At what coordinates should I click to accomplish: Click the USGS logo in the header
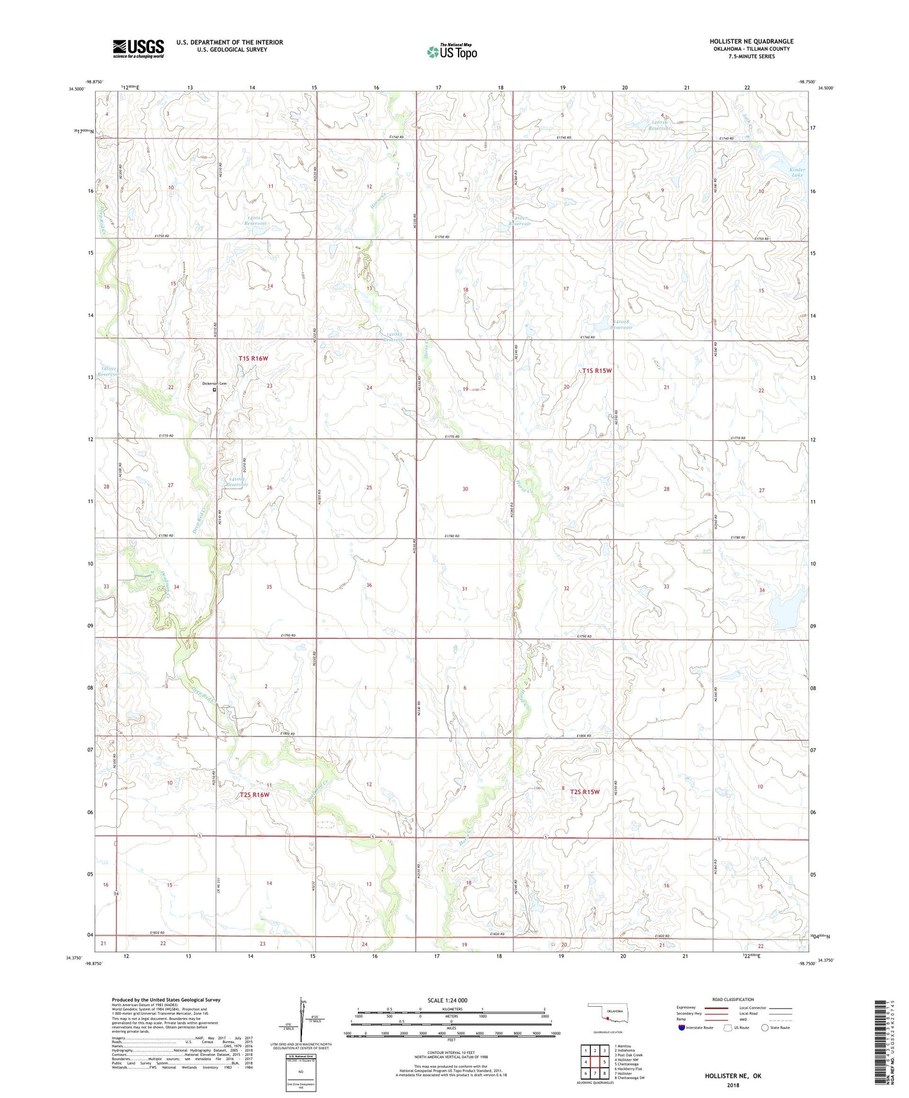[138, 48]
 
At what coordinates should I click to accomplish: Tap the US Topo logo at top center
[452, 52]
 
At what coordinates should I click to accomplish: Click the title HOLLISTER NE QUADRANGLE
[751, 42]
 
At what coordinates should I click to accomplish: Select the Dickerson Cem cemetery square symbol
[214, 389]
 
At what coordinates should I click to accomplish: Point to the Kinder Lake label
[797, 172]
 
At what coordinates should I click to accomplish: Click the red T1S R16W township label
[254, 358]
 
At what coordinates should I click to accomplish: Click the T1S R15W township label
[596, 371]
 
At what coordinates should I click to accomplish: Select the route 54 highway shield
[116, 893]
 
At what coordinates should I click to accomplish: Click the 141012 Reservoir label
[237, 482]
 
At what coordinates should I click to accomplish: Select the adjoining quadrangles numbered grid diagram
[594, 1062]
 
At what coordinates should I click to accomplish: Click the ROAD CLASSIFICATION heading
[733, 999]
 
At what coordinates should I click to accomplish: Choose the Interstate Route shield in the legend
[682, 1028]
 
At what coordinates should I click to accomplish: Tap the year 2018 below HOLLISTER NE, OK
[733, 1085]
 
